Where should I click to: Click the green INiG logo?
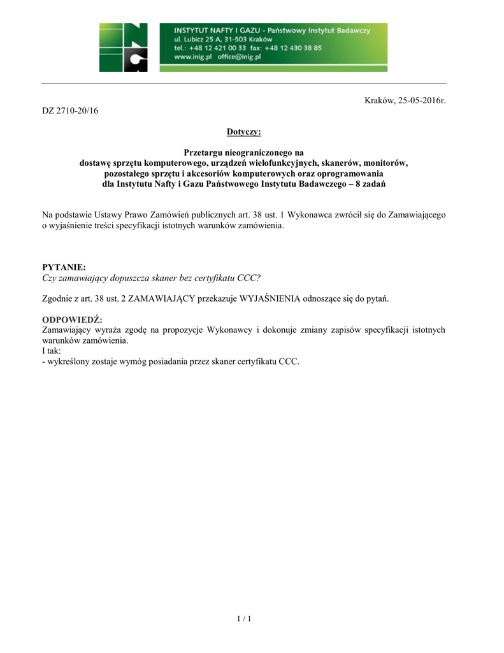click(123, 47)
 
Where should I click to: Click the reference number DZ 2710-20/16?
click(71, 110)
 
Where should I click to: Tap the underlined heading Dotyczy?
click(243, 132)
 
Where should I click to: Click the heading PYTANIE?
click(64, 267)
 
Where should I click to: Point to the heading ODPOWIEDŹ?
click(72, 319)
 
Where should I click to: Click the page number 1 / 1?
click(244, 619)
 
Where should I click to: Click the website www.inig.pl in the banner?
click(193, 57)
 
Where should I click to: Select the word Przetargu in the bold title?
click(203, 152)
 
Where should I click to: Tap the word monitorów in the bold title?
click(385, 163)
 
